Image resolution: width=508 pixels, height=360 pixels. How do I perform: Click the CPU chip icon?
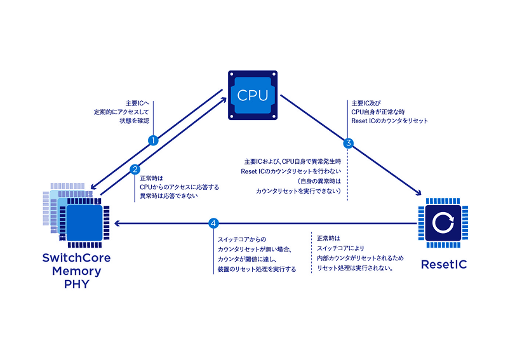253,95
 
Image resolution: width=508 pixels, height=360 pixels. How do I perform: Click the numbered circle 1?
152,140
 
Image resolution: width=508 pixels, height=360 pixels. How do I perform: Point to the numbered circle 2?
135,169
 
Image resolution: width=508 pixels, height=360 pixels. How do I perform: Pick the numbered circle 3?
348,143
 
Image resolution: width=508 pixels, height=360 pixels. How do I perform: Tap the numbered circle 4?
214,223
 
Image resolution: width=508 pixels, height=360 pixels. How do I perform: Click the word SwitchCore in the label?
76,258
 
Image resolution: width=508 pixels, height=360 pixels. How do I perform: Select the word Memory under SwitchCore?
76,271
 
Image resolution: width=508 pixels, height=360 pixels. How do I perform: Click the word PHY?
76,284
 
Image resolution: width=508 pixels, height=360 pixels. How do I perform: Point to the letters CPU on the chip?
253,95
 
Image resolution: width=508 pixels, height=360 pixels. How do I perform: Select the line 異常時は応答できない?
169,196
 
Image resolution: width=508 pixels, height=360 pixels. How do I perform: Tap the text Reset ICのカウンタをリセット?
390,121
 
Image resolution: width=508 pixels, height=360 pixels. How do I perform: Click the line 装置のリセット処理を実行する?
257,269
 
